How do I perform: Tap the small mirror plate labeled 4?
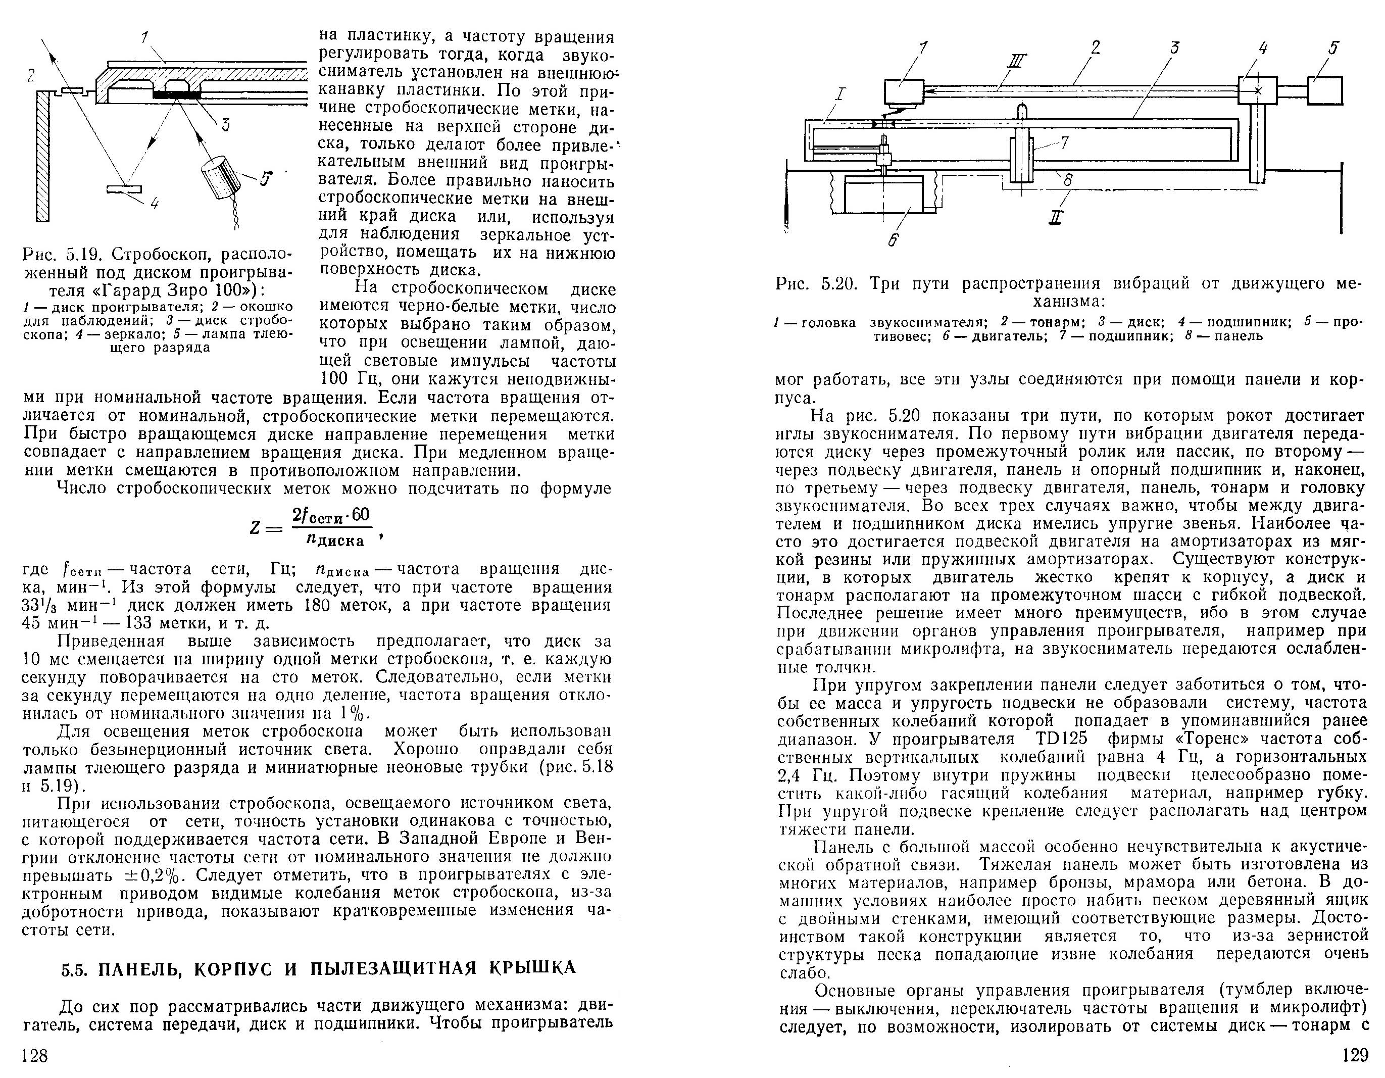(x=124, y=188)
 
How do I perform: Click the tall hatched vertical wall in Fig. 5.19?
(x=42, y=156)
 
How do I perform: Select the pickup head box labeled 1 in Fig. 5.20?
(x=904, y=91)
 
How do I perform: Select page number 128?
(x=35, y=1055)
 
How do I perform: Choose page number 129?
(x=1355, y=1055)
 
